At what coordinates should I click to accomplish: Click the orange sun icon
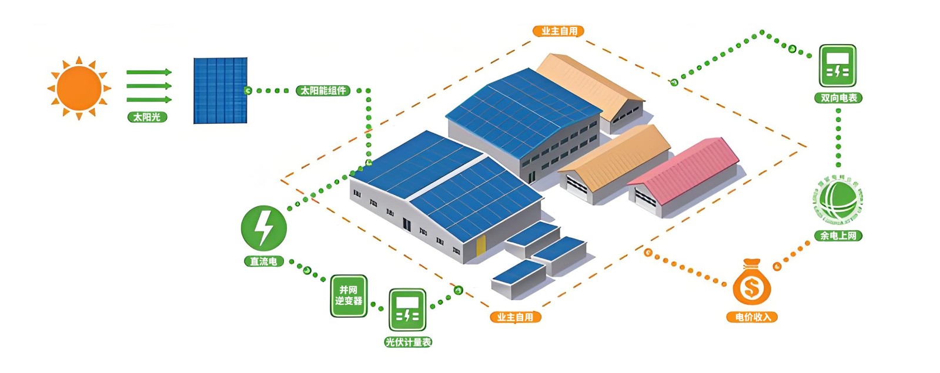coord(79,88)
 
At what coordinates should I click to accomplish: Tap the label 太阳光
coord(147,117)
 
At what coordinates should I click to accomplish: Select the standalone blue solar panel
coord(220,90)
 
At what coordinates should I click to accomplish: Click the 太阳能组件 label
coord(323,90)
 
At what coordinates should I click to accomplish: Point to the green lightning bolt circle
coord(263,228)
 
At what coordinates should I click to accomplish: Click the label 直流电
coord(263,261)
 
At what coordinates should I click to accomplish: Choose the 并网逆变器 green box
coord(349,295)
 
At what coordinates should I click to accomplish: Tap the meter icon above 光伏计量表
coord(407,310)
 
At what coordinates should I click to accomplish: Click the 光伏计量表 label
coord(408,342)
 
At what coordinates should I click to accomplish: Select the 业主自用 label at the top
coord(558,31)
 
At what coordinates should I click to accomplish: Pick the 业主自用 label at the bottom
coord(515,317)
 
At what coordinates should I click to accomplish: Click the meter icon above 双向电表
coord(838,66)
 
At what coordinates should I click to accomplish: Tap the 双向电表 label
coord(838,98)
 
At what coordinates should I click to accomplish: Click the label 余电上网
coord(838,236)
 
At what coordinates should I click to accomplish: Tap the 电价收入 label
coord(752,317)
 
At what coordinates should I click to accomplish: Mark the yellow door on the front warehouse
coord(481,245)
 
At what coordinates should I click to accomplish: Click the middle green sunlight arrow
coord(149,86)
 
